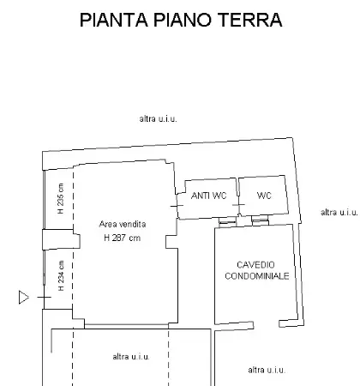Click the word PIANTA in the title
(114, 20)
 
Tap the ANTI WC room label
(208, 196)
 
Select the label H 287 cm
(123, 238)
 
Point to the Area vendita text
(123, 224)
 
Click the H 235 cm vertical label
(61, 198)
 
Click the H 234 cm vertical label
(61, 275)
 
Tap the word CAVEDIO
(255, 265)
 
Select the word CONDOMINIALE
(257, 276)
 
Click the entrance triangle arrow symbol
(23, 297)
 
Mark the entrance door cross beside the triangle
(44, 298)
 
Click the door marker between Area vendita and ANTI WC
(177, 206)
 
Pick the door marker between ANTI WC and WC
(238, 205)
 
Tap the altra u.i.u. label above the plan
(158, 118)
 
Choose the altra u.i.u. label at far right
(339, 213)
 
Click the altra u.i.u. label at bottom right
(267, 370)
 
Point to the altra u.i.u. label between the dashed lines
(131, 357)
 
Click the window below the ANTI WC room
(228, 220)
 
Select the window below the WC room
(260, 219)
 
